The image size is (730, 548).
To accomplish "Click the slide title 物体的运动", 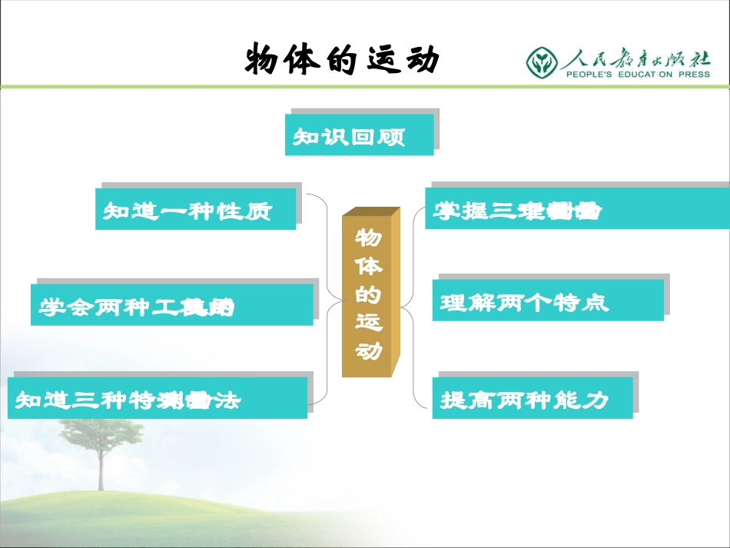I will tap(342, 60).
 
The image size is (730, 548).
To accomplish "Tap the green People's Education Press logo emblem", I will tap(543, 61).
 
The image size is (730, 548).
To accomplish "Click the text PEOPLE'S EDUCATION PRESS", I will tap(638, 75).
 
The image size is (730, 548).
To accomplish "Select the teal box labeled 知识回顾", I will tap(359, 136).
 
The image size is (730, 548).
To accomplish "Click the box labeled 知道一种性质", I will tap(195, 210).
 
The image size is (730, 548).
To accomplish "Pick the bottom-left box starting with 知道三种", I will tap(157, 399).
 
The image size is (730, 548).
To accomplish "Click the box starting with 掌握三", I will tap(576, 209).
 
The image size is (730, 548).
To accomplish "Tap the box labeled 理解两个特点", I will tap(547, 301).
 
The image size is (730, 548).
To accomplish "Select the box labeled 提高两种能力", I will tap(532, 398).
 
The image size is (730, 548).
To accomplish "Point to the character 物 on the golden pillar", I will tap(367, 237).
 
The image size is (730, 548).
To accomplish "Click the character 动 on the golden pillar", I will tap(367, 350).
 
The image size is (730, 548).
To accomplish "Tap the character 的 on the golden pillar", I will tap(367, 294).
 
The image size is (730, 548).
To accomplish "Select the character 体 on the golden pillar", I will tap(367, 265).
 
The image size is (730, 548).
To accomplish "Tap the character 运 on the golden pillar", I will tap(367, 322).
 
